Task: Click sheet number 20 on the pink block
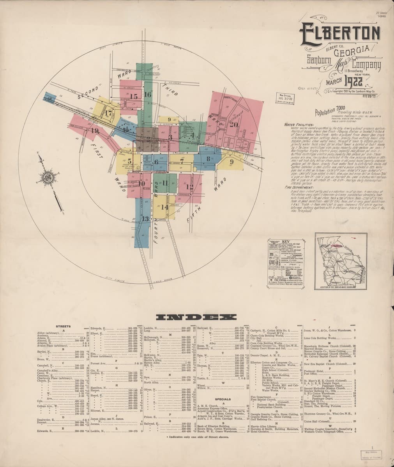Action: (234, 124)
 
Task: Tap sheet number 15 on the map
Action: (134, 97)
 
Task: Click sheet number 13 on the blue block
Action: (145, 219)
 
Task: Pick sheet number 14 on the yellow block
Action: (164, 207)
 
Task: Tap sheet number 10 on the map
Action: (141, 184)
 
